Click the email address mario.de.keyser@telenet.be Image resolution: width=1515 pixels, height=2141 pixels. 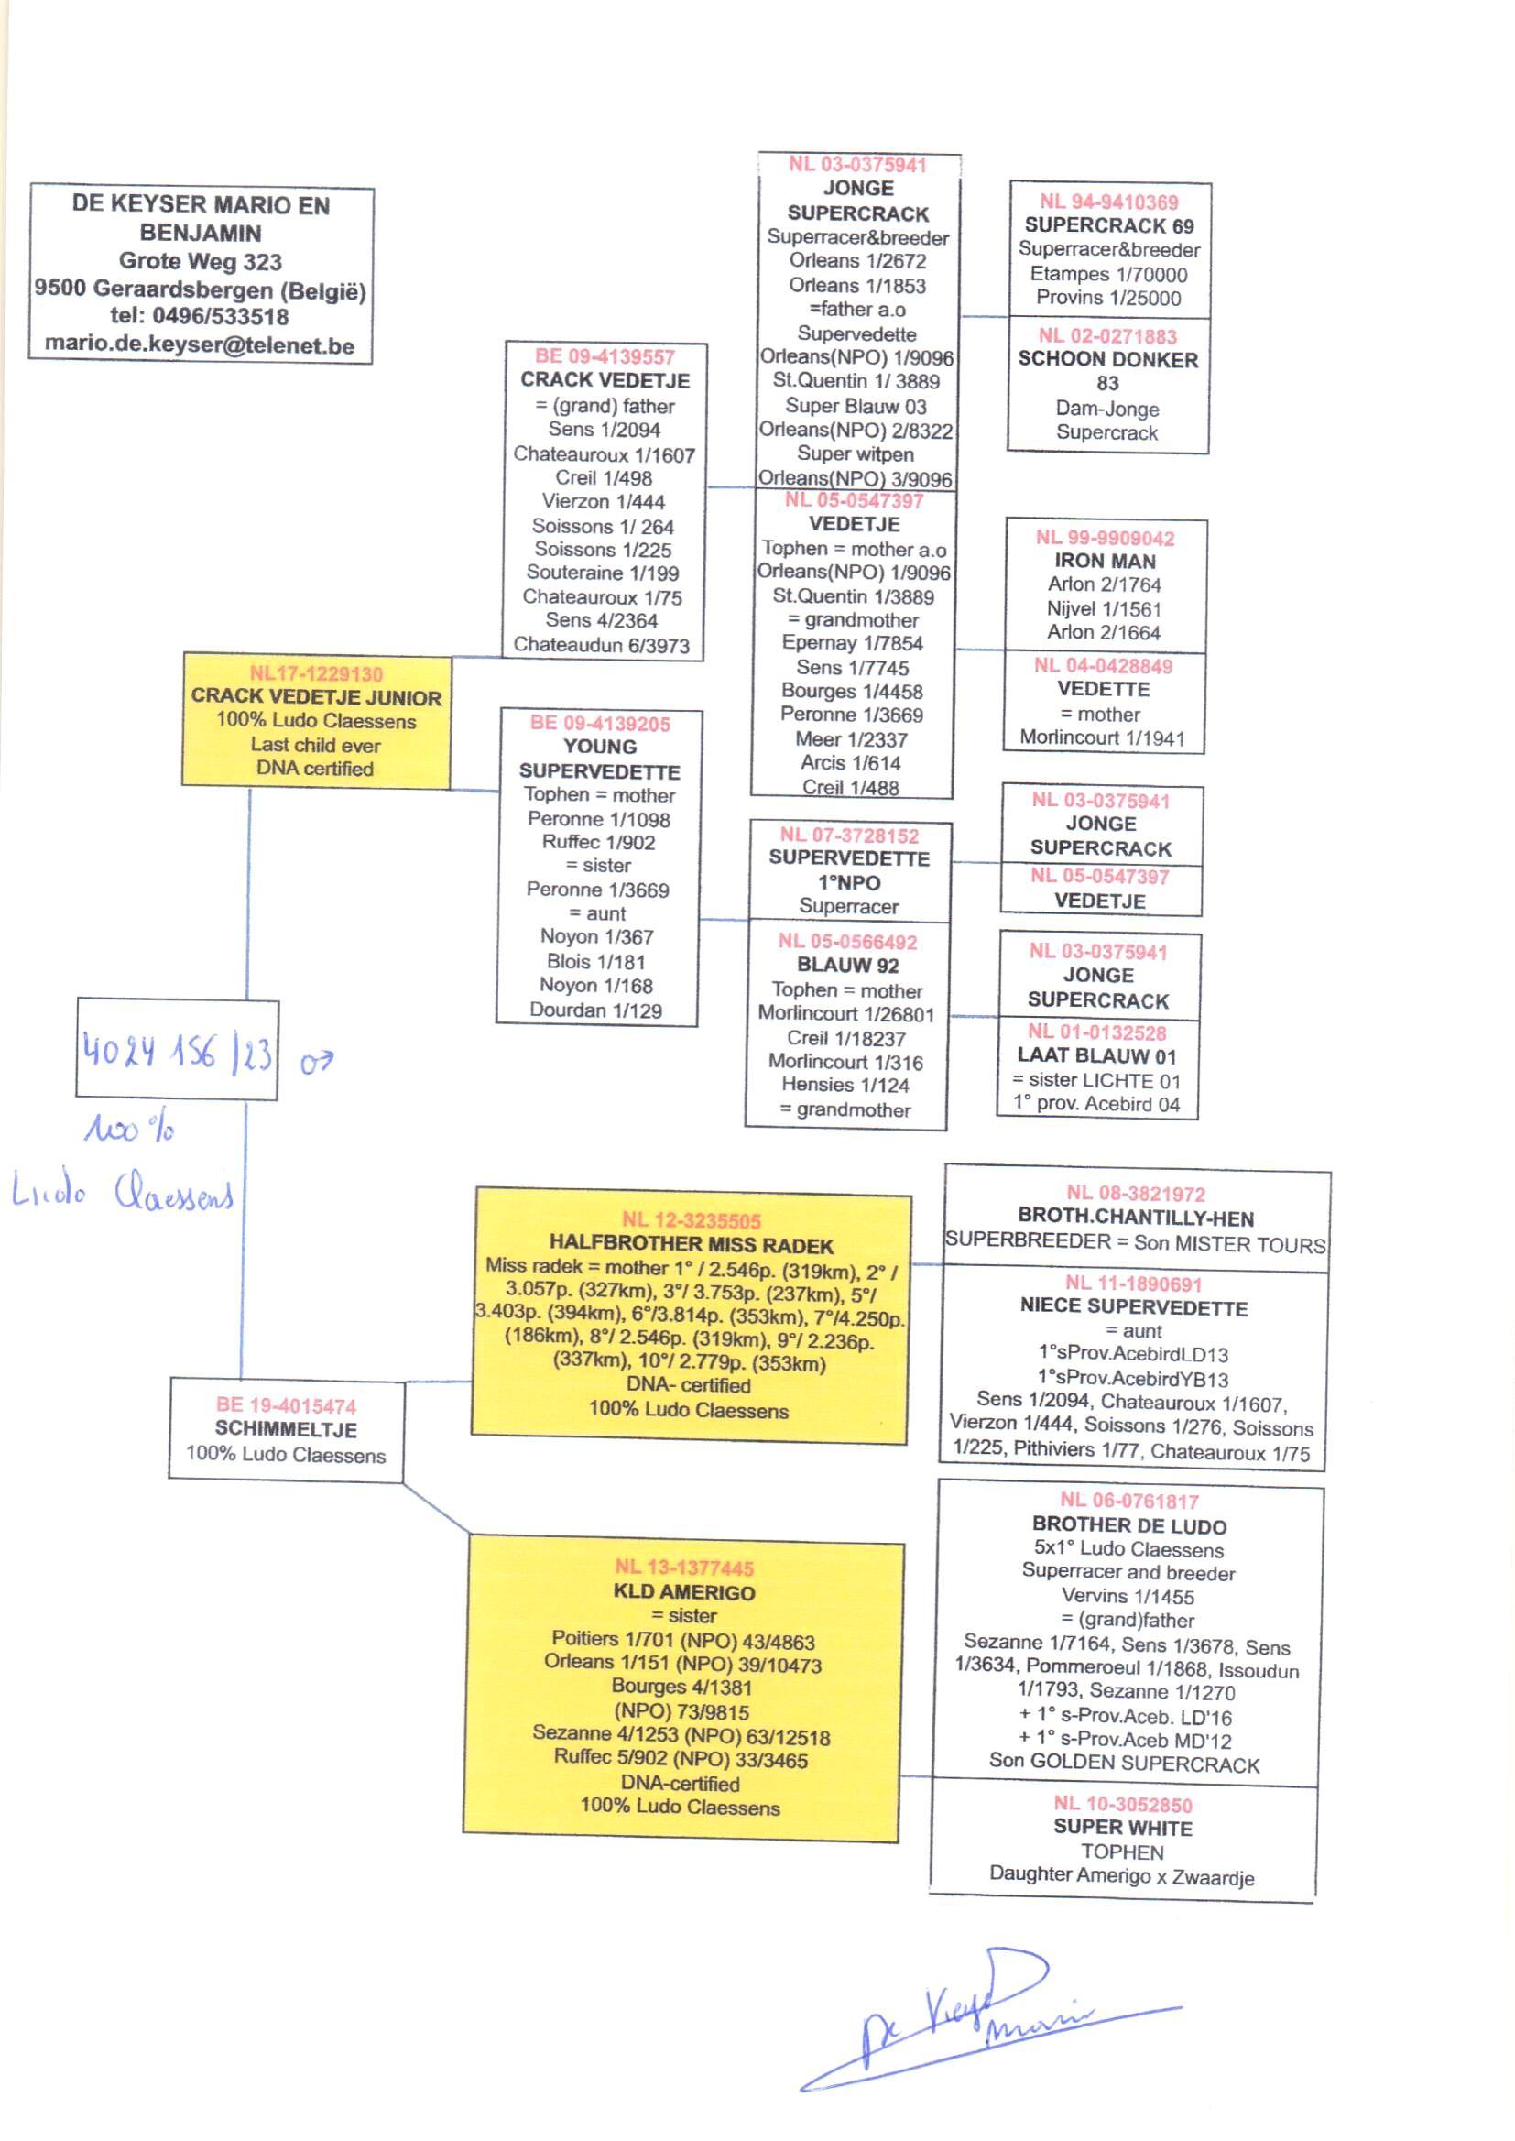click(x=200, y=345)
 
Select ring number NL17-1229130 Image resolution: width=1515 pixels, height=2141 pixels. click(x=315, y=673)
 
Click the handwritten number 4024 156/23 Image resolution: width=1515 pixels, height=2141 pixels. click(x=178, y=1053)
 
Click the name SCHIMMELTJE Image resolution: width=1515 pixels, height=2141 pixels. click(x=286, y=1429)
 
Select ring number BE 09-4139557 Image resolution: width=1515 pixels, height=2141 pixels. click(x=605, y=356)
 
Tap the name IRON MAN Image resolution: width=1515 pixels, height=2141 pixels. click(x=1105, y=562)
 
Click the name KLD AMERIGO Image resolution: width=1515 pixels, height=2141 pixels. click(x=684, y=1592)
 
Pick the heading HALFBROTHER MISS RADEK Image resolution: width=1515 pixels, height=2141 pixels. click(x=692, y=1244)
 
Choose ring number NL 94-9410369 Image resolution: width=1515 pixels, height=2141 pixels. click(x=1108, y=202)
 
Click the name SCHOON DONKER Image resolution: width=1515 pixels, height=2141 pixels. click(x=1107, y=360)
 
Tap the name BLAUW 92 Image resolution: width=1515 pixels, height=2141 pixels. click(x=847, y=966)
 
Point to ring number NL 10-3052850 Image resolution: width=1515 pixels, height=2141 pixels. click(x=1122, y=1805)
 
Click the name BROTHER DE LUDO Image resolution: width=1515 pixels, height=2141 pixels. click(x=1128, y=1526)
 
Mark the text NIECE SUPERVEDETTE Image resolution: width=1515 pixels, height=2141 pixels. click(x=1133, y=1308)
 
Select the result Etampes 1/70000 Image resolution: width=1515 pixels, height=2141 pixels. click(x=1108, y=274)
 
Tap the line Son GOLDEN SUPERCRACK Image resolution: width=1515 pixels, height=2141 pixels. click(x=1124, y=1764)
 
